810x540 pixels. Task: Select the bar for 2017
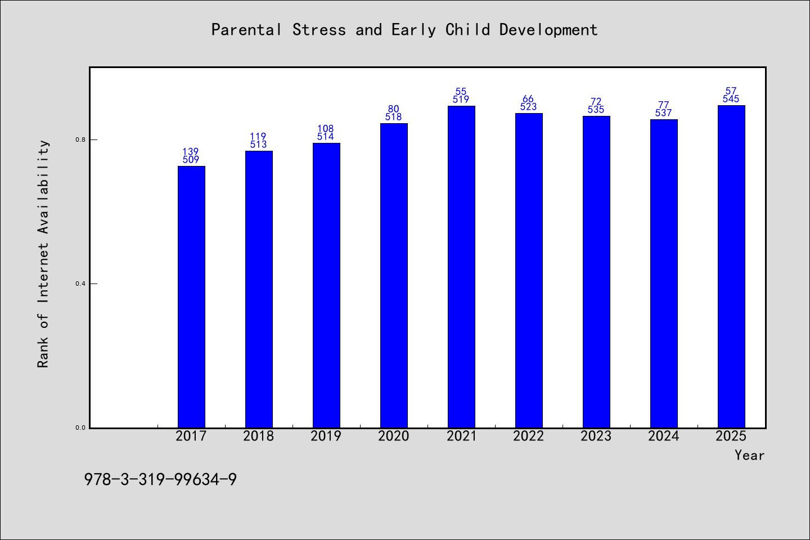point(191,297)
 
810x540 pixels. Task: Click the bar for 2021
point(461,267)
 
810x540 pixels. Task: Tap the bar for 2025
point(731,267)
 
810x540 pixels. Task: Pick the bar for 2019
point(326,285)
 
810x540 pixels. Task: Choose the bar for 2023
point(596,272)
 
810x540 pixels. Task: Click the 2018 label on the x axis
point(258,436)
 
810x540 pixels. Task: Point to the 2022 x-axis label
point(528,436)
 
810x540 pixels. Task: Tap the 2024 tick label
point(663,436)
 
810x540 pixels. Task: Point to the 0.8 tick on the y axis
point(80,139)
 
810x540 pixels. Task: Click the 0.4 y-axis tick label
point(80,283)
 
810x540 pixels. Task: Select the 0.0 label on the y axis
point(80,427)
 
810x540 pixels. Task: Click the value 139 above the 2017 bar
point(191,151)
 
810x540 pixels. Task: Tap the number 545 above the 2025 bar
point(731,99)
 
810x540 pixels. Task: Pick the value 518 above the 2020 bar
point(393,117)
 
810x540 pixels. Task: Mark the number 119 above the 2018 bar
point(258,136)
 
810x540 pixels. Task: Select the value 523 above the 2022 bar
point(528,107)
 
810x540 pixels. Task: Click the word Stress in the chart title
point(319,30)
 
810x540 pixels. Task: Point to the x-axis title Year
point(750,456)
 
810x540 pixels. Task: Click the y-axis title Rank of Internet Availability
point(43,254)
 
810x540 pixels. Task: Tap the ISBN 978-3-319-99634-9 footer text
point(160,480)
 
